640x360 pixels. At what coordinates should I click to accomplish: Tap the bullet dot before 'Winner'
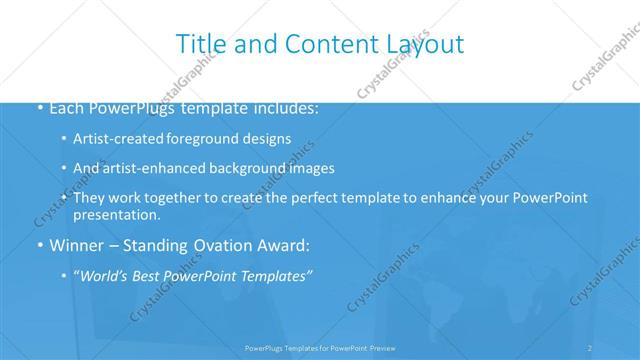pyautogui.click(x=39, y=244)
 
